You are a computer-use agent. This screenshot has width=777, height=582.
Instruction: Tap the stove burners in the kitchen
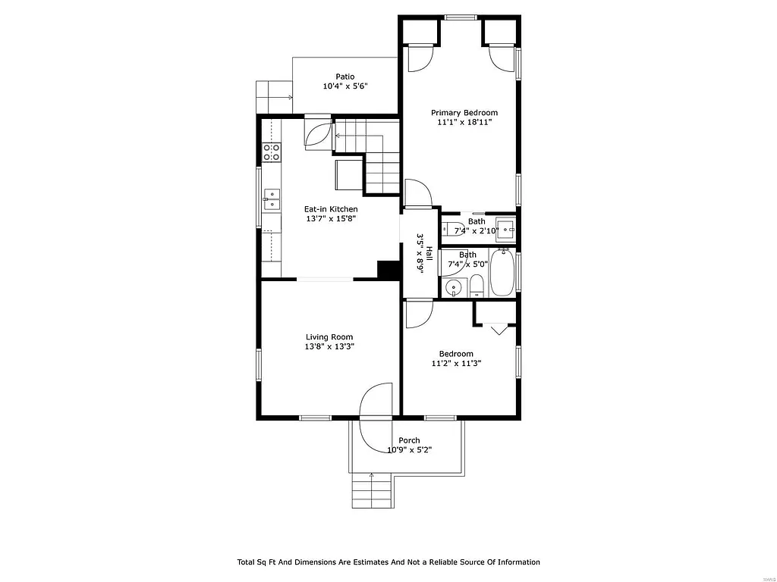coord(272,152)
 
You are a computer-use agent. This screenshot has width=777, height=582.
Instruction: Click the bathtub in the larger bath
coord(502,274)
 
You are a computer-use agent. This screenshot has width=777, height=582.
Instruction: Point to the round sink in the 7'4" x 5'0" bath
coord(454,286)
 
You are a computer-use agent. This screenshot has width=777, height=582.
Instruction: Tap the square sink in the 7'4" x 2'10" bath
coord(505,228)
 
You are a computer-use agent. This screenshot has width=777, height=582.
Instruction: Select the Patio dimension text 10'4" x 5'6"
coord(345,86)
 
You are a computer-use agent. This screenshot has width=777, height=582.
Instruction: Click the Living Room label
coord(329,337)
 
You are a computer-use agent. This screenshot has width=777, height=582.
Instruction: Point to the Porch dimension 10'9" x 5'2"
coord(409,450)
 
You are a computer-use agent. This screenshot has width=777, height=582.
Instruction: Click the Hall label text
coord(429,254)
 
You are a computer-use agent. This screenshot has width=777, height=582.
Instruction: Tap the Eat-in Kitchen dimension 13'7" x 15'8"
coord(330,219)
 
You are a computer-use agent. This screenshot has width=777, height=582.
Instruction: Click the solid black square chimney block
coord(388,270)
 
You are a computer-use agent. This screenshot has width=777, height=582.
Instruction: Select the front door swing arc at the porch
coord(376,402)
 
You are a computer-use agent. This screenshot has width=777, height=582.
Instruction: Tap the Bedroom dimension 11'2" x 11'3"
coord(456,364)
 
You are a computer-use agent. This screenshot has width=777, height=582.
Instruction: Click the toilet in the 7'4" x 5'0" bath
coord(477,286)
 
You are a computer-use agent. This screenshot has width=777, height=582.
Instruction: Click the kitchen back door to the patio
coord(317,132)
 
